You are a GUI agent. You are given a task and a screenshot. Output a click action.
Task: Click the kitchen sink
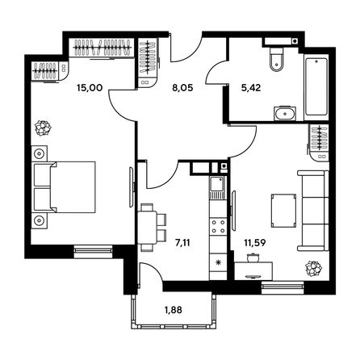pos(217,188)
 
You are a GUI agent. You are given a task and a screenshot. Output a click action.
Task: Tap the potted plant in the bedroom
pos(41,127)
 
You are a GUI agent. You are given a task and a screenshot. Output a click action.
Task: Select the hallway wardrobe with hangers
pos(149,63)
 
